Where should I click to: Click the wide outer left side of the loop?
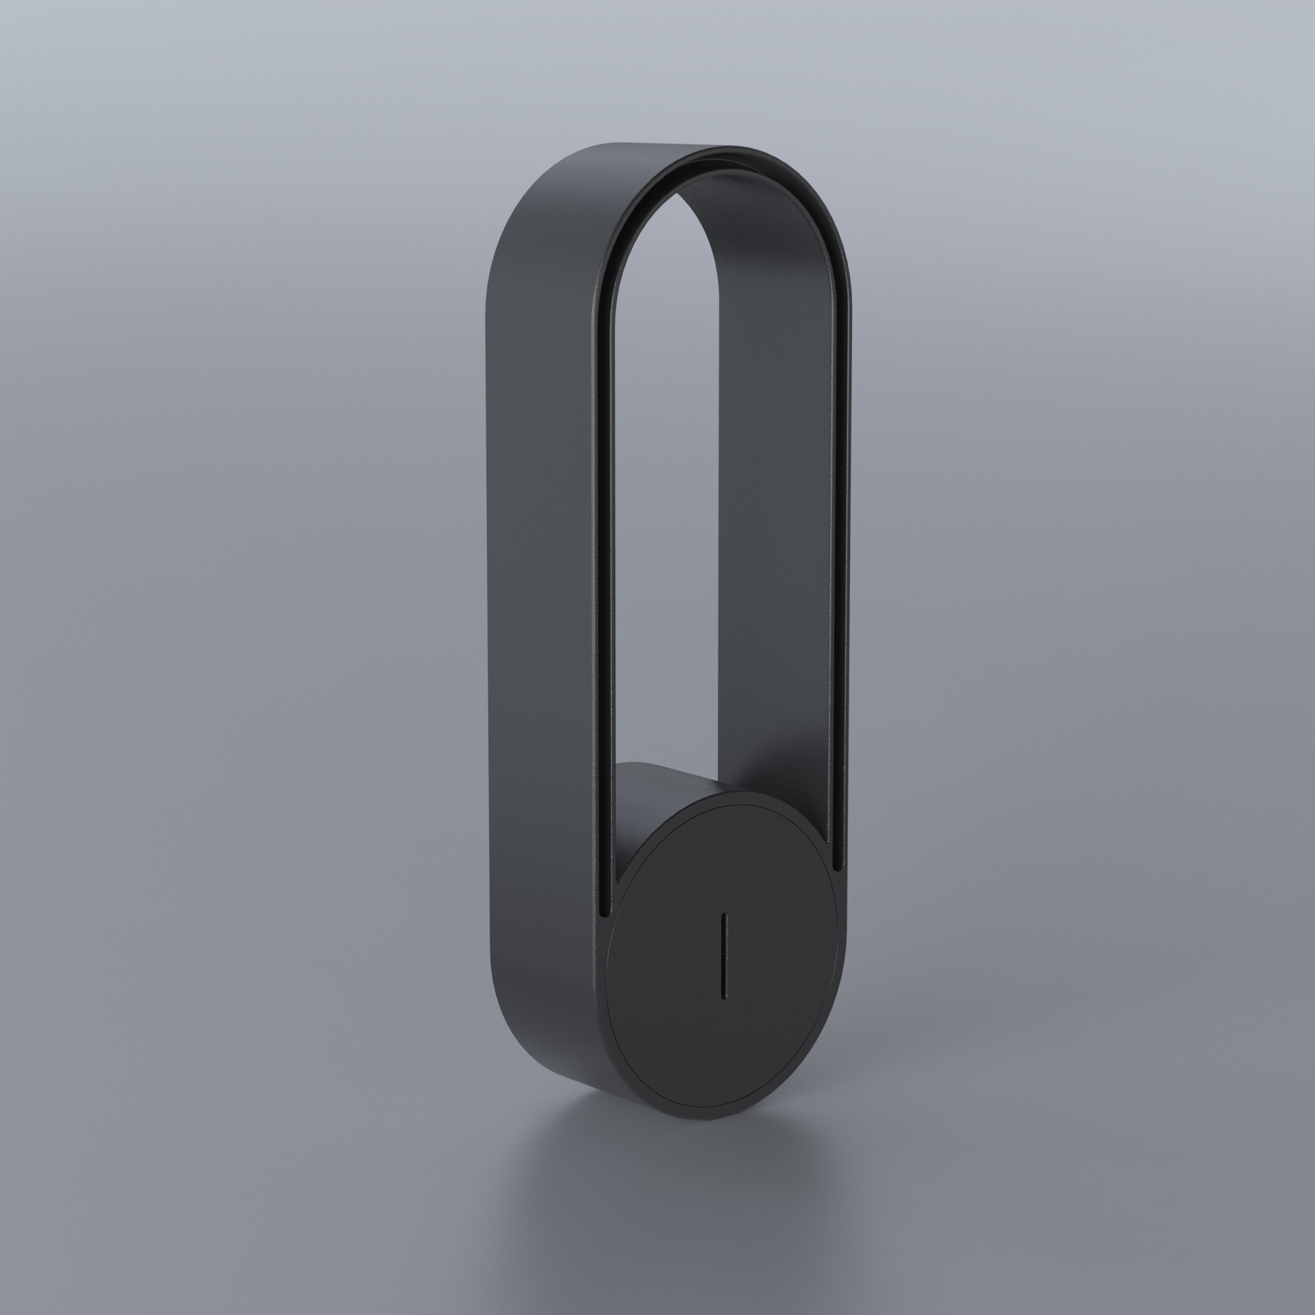(x=541, y=548)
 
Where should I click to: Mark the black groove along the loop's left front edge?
(x=603, y=548)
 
